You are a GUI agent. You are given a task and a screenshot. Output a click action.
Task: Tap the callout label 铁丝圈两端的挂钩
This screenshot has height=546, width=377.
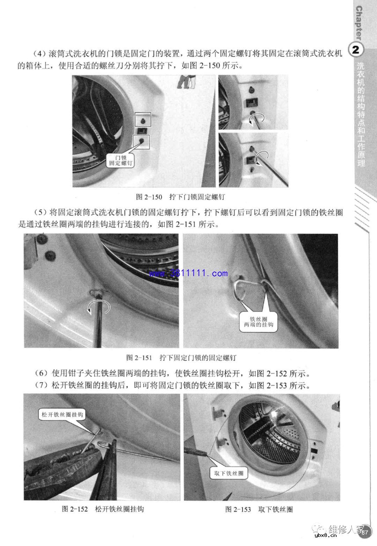[259, 322]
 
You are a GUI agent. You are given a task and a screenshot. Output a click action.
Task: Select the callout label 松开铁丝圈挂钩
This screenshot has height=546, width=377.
[62, 414]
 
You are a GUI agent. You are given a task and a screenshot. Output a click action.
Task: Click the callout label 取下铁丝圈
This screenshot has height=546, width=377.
[229, 473]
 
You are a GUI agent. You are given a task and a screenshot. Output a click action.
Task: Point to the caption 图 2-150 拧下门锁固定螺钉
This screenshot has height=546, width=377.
[180, 197]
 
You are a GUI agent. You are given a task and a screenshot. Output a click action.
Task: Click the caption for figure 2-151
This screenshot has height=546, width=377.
[181, 357]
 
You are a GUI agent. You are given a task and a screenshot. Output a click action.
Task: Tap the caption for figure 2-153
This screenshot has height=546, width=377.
[259, 509]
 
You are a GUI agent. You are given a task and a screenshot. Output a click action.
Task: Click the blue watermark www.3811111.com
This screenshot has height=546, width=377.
[189, 273]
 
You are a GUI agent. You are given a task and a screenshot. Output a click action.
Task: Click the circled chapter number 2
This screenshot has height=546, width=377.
[356, 50]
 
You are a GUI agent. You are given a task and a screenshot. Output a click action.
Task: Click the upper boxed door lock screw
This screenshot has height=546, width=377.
[143, 119]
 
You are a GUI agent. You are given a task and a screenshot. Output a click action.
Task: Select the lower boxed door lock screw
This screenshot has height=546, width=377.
[142, 141]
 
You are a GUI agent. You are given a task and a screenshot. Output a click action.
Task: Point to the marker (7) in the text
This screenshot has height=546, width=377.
[42, 385]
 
